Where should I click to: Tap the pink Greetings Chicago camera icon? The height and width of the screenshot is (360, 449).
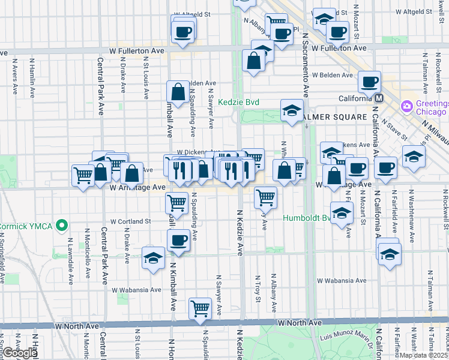pyautogui.click(x=407, y=106)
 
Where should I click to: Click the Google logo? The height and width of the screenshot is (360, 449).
pyautogui.click(x=20, y=353)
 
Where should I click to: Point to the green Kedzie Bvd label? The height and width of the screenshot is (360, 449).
pyautogui.click(x=238, y=103)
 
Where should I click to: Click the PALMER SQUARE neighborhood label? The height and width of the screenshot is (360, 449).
pyautogui.click(x=335, y=116)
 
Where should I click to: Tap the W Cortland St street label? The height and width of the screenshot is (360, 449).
pyautogui.click(x=129, y=221)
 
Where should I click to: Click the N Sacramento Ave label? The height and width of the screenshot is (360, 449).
pyautogui.click(x=306, y=66)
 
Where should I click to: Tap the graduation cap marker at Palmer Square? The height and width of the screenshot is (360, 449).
pyautogui.click(x=292, y=110)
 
